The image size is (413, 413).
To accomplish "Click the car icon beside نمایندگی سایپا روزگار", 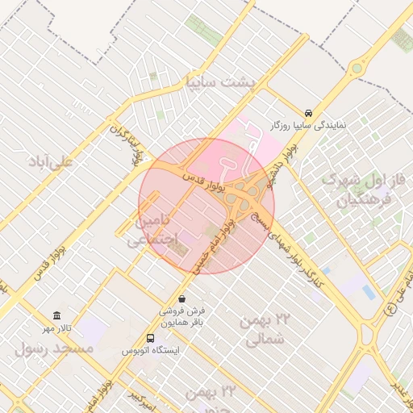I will [x=309, y=113].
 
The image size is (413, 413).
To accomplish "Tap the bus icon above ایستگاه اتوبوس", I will [x=151, y=338].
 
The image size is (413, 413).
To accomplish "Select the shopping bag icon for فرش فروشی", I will [x=182, y=298].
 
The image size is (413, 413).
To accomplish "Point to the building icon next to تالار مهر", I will [x=56, y=315].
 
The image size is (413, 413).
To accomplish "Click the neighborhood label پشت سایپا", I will [x=220, y=82].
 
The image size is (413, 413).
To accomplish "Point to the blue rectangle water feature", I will [x=369, y=292].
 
